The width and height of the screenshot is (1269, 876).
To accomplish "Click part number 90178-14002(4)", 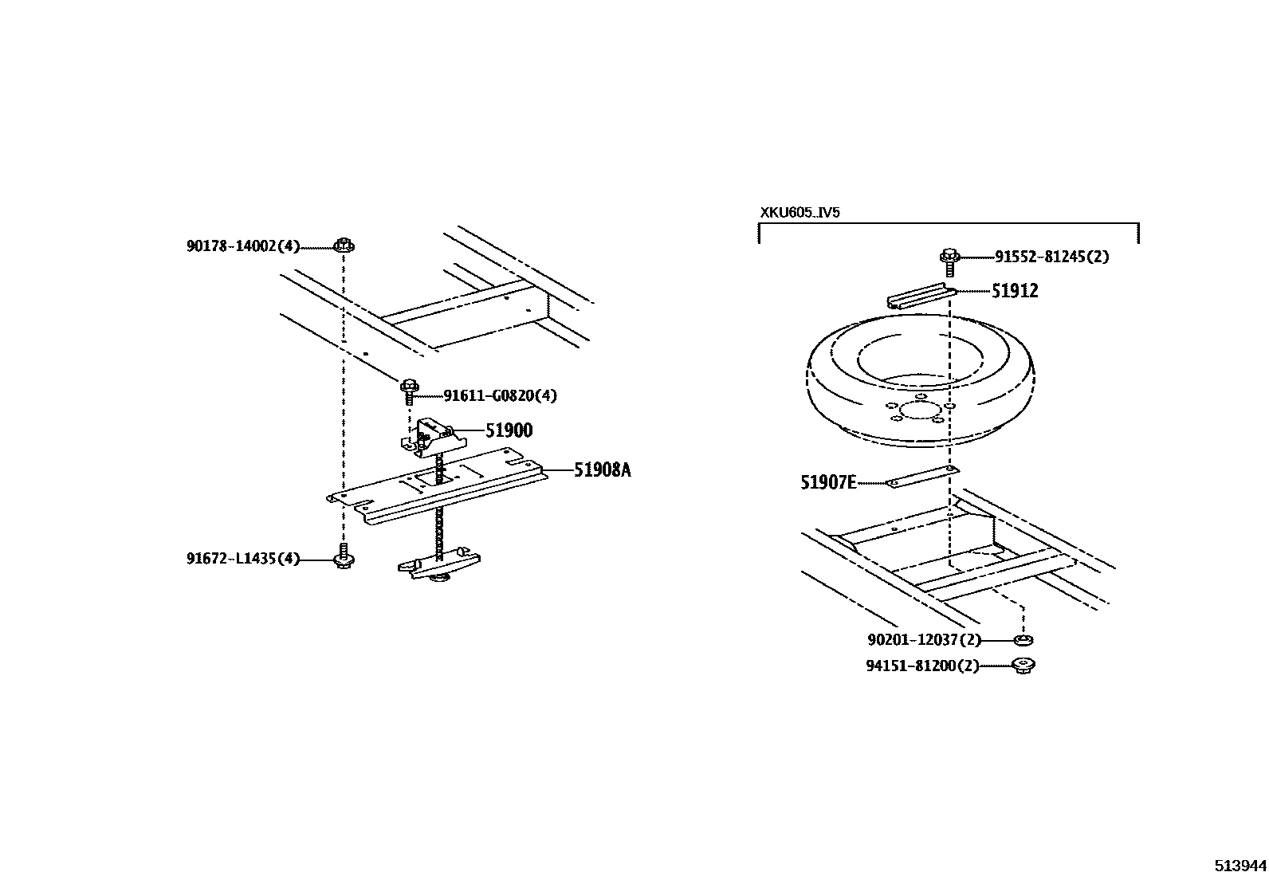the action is [243, 246].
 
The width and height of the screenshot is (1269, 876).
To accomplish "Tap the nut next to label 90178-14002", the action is [344, 245].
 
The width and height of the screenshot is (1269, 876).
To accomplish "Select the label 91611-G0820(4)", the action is [500, 395].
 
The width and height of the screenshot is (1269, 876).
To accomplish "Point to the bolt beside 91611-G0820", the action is [411, 391].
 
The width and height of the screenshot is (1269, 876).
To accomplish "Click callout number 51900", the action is [509, 430].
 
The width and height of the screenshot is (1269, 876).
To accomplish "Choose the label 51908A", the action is [602, 470].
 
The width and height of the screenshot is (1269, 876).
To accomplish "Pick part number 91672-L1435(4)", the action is [243, 559].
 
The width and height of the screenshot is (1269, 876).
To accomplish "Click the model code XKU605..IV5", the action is [800, 213].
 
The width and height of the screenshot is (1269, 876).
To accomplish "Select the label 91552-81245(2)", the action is [1051, 257].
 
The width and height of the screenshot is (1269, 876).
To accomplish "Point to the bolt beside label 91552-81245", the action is [949, 260].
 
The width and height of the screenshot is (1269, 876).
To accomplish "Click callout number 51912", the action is [1015, 291].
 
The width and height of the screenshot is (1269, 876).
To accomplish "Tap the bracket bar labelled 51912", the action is [921, 297].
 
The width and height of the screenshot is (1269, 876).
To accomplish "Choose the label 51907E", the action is [828, 482].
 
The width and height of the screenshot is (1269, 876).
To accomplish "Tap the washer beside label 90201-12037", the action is [1023, 640].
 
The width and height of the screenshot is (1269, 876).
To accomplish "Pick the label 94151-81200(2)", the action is [922, 666].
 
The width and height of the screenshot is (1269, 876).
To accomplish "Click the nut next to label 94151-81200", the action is [1023, 666].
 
